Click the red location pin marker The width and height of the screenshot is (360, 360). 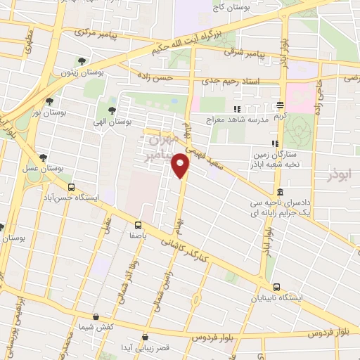[x=181, y=165]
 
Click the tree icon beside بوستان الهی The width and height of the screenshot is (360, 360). [x=112, y=110]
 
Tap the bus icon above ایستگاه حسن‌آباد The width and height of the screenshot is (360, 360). [x=71, y=188]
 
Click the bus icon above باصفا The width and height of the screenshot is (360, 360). [x=138, y=226]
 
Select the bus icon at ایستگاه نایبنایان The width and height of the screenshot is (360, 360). [x=276, y=287]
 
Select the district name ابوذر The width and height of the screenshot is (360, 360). [x=342, y=172]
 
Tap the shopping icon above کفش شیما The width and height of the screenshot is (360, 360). [x=105, y=317]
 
